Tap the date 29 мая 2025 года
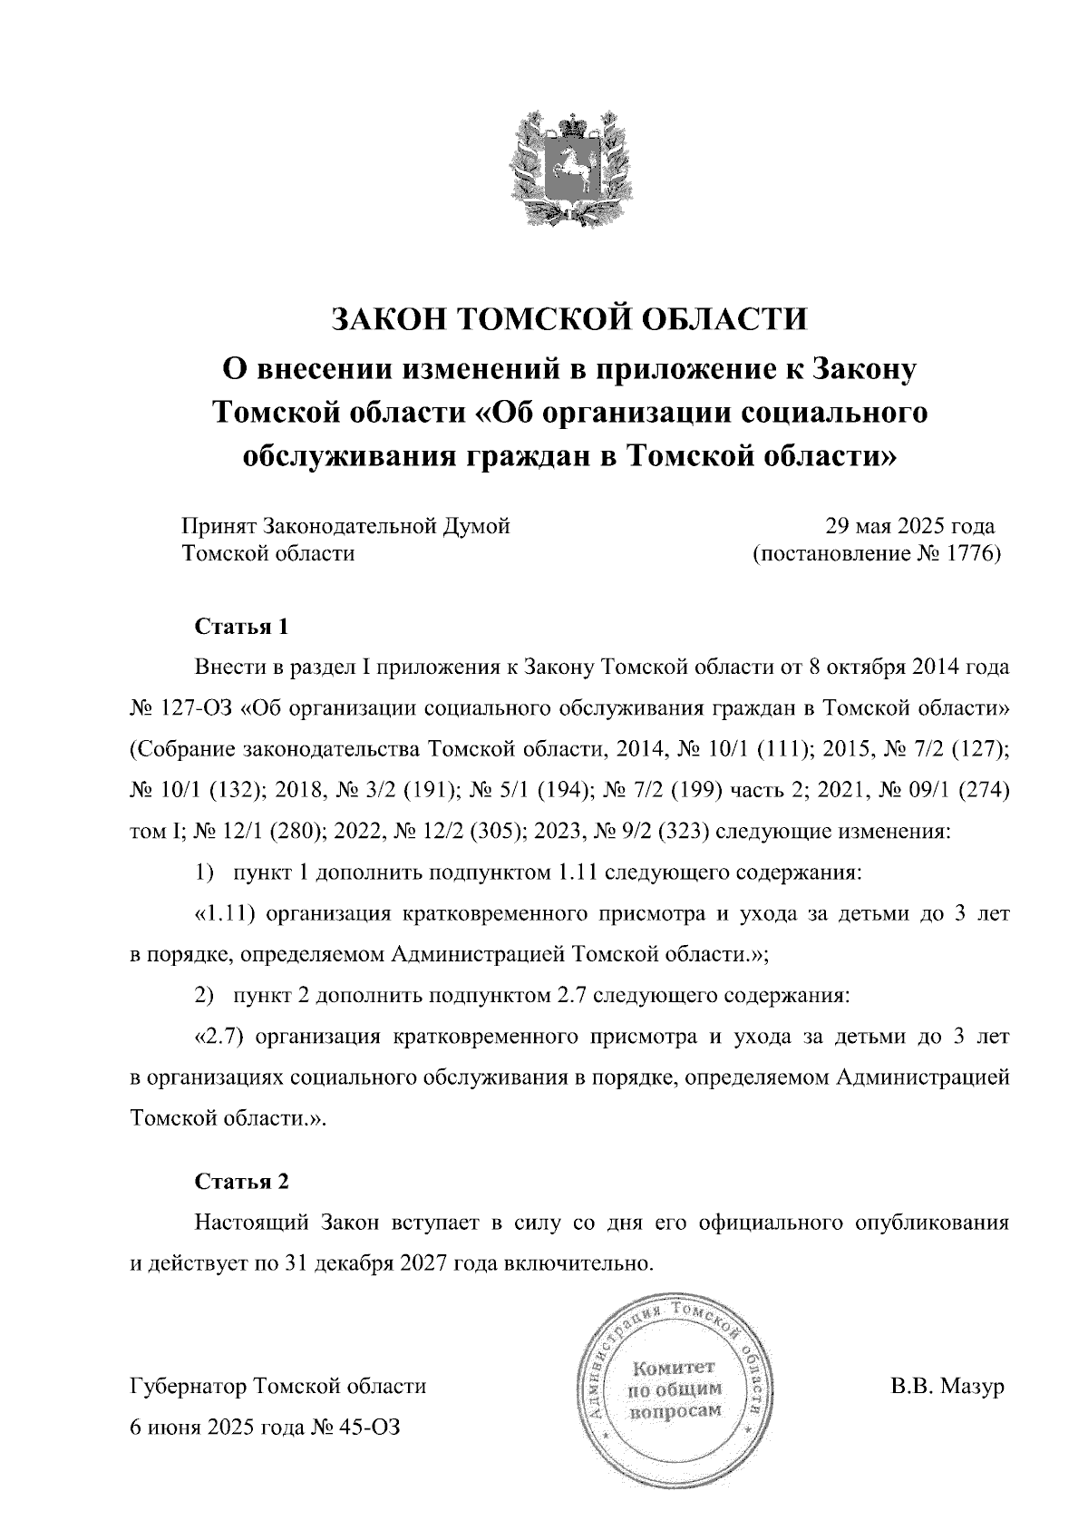(909, 526)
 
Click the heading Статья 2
(241, 1182)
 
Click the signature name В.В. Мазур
(947, 1388)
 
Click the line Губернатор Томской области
(278, 1387)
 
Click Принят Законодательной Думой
(345, 526)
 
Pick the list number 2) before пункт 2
(204, 995)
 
